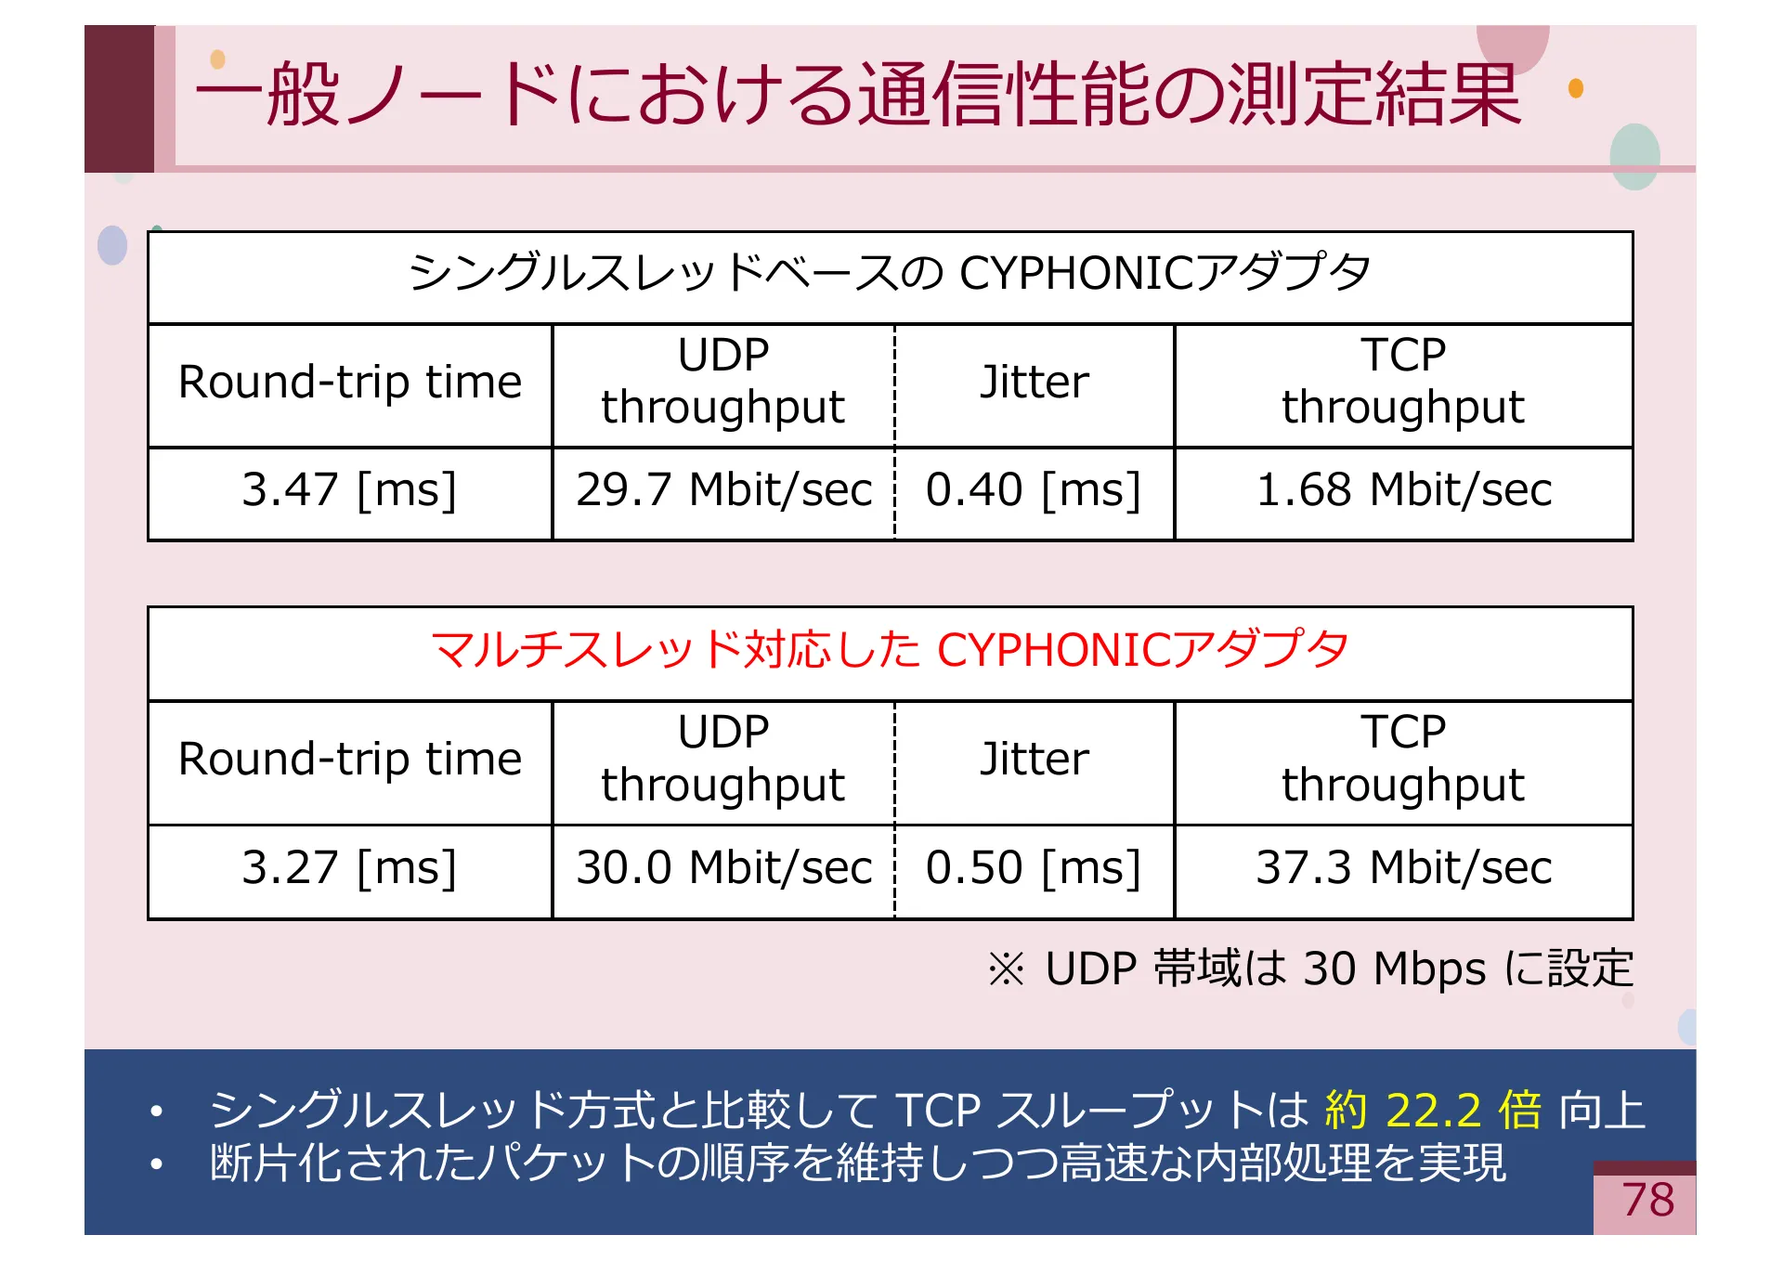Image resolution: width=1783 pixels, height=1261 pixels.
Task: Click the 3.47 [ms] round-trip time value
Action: (x=349, y=490)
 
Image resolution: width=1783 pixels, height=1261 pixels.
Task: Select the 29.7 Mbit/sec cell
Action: (x=723, y=490)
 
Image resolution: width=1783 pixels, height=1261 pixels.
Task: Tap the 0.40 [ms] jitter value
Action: (x=1033, y=490)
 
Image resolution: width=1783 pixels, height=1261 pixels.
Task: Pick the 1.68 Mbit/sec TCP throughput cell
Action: (x=1403, y=490)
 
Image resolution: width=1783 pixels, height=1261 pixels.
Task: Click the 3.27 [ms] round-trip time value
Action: (x=349, y=868)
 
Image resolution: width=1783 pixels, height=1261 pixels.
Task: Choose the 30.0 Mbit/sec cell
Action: (x=723, y=868)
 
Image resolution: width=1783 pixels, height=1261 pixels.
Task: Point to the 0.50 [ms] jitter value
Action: (x=1033, y=868)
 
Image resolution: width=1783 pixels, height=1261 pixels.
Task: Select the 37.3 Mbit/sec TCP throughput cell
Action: (x=1403, y=868)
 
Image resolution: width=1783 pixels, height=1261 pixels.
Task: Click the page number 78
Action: (x=1647, y=1200)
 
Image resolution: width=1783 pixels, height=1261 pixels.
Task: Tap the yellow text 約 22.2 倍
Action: (x=1433, y=1111)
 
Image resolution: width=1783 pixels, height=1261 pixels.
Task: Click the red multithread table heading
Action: (x=890, y=650)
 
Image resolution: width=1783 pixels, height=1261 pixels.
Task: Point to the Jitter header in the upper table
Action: (x=1034, y=383)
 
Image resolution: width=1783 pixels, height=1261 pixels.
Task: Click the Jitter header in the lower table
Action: (x=1034, y=760)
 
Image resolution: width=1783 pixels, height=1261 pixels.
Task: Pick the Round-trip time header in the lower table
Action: (x=349, y=760)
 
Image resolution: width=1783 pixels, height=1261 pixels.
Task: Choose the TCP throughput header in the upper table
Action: (x=1403, y=382)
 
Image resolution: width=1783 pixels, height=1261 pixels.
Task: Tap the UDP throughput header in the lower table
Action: (x=723, y=759)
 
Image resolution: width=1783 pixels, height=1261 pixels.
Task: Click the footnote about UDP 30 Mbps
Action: (x=1309, y=969)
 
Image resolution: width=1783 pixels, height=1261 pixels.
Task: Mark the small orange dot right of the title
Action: (x=1576, y=88)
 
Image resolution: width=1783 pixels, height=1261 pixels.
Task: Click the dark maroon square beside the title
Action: (x=119, y=98)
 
